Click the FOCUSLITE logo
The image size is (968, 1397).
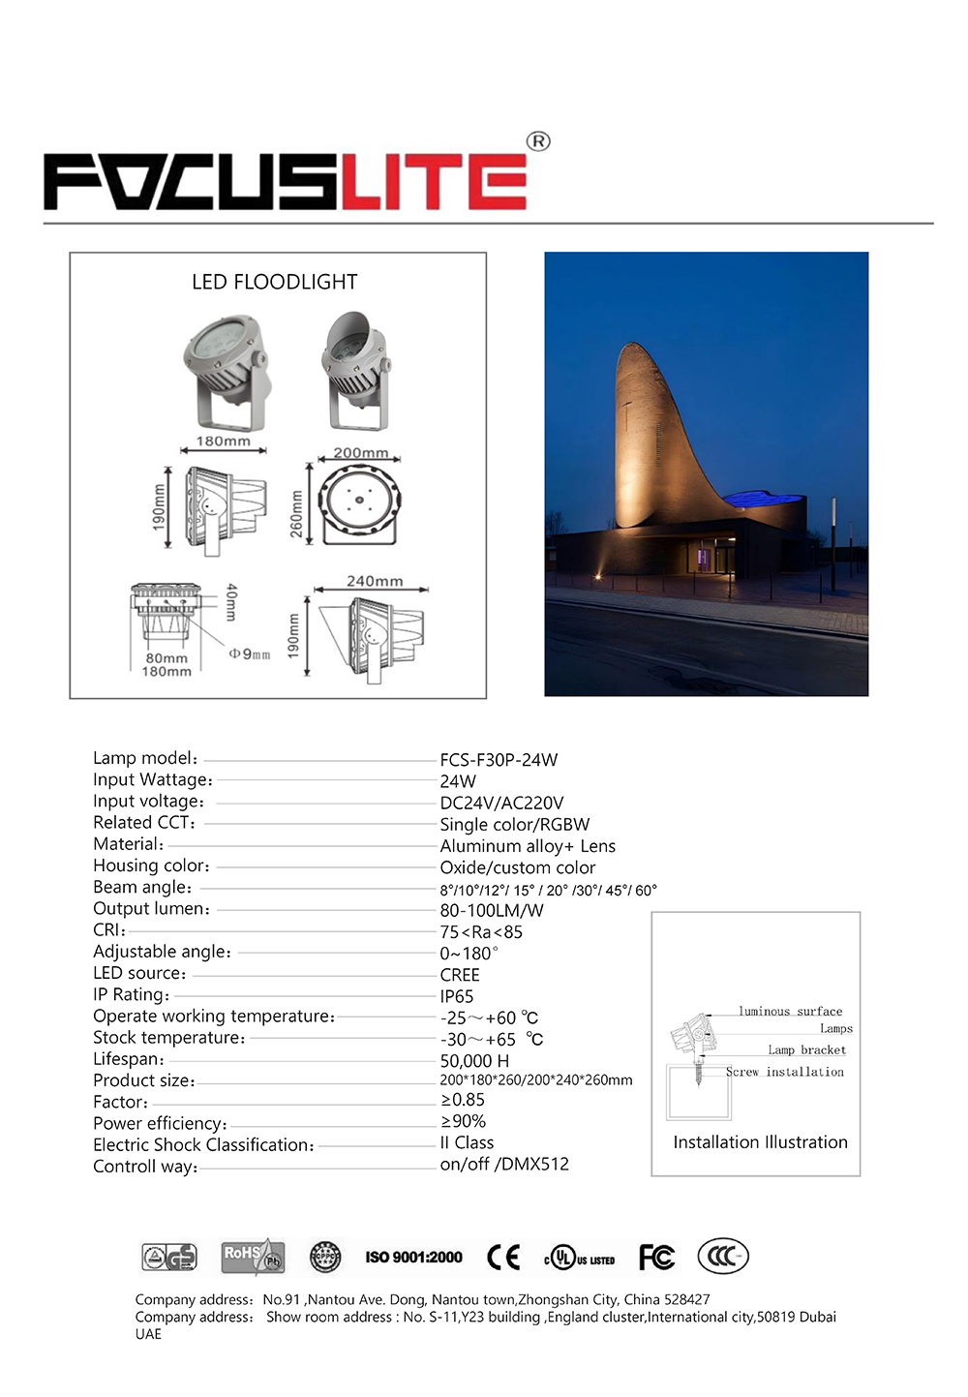[x=287, y=181]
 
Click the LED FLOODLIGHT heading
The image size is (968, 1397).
[x=275, y=282]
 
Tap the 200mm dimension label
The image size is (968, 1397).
[x=361, y=452]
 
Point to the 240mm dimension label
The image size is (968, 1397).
[x=375, y=581]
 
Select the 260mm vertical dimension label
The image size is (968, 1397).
[x=296, y=513]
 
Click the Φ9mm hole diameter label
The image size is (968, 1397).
[x=250, y=653]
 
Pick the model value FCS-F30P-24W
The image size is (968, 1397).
[x=499, y=760]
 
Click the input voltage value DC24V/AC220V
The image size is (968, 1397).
[x=501, y=803]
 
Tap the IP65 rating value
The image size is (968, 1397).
[x=457, y=996]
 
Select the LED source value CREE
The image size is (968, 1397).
[x=460, y=975]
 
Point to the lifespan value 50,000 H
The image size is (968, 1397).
[x=474, y=1061]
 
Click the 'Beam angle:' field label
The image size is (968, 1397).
[x=142, y=888]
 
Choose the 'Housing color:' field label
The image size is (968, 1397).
[x=151, y=866]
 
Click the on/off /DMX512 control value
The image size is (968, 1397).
[x=504, y=1164]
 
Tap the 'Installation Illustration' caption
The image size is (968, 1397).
[x=760, y=1142]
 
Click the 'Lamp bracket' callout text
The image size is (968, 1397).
[x=806, y=1049]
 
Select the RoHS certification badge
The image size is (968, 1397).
[x=252, y=1257]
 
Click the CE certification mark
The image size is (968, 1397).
[x=503, y=1257]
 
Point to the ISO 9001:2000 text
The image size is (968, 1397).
[x=413, y=1257]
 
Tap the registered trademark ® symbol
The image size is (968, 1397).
[x=538, y=141]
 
